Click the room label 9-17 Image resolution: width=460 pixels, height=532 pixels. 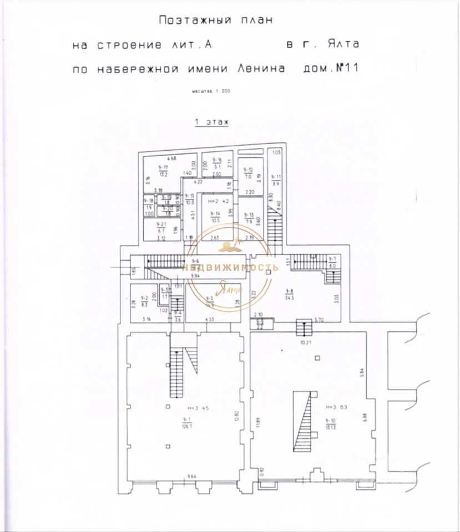(x=163, y=167)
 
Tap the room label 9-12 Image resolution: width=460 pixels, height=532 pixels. (x=248, y=170)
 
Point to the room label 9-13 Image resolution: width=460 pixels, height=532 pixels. (x=248, y=215)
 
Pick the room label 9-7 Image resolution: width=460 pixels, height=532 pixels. (x=332, y=260)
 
